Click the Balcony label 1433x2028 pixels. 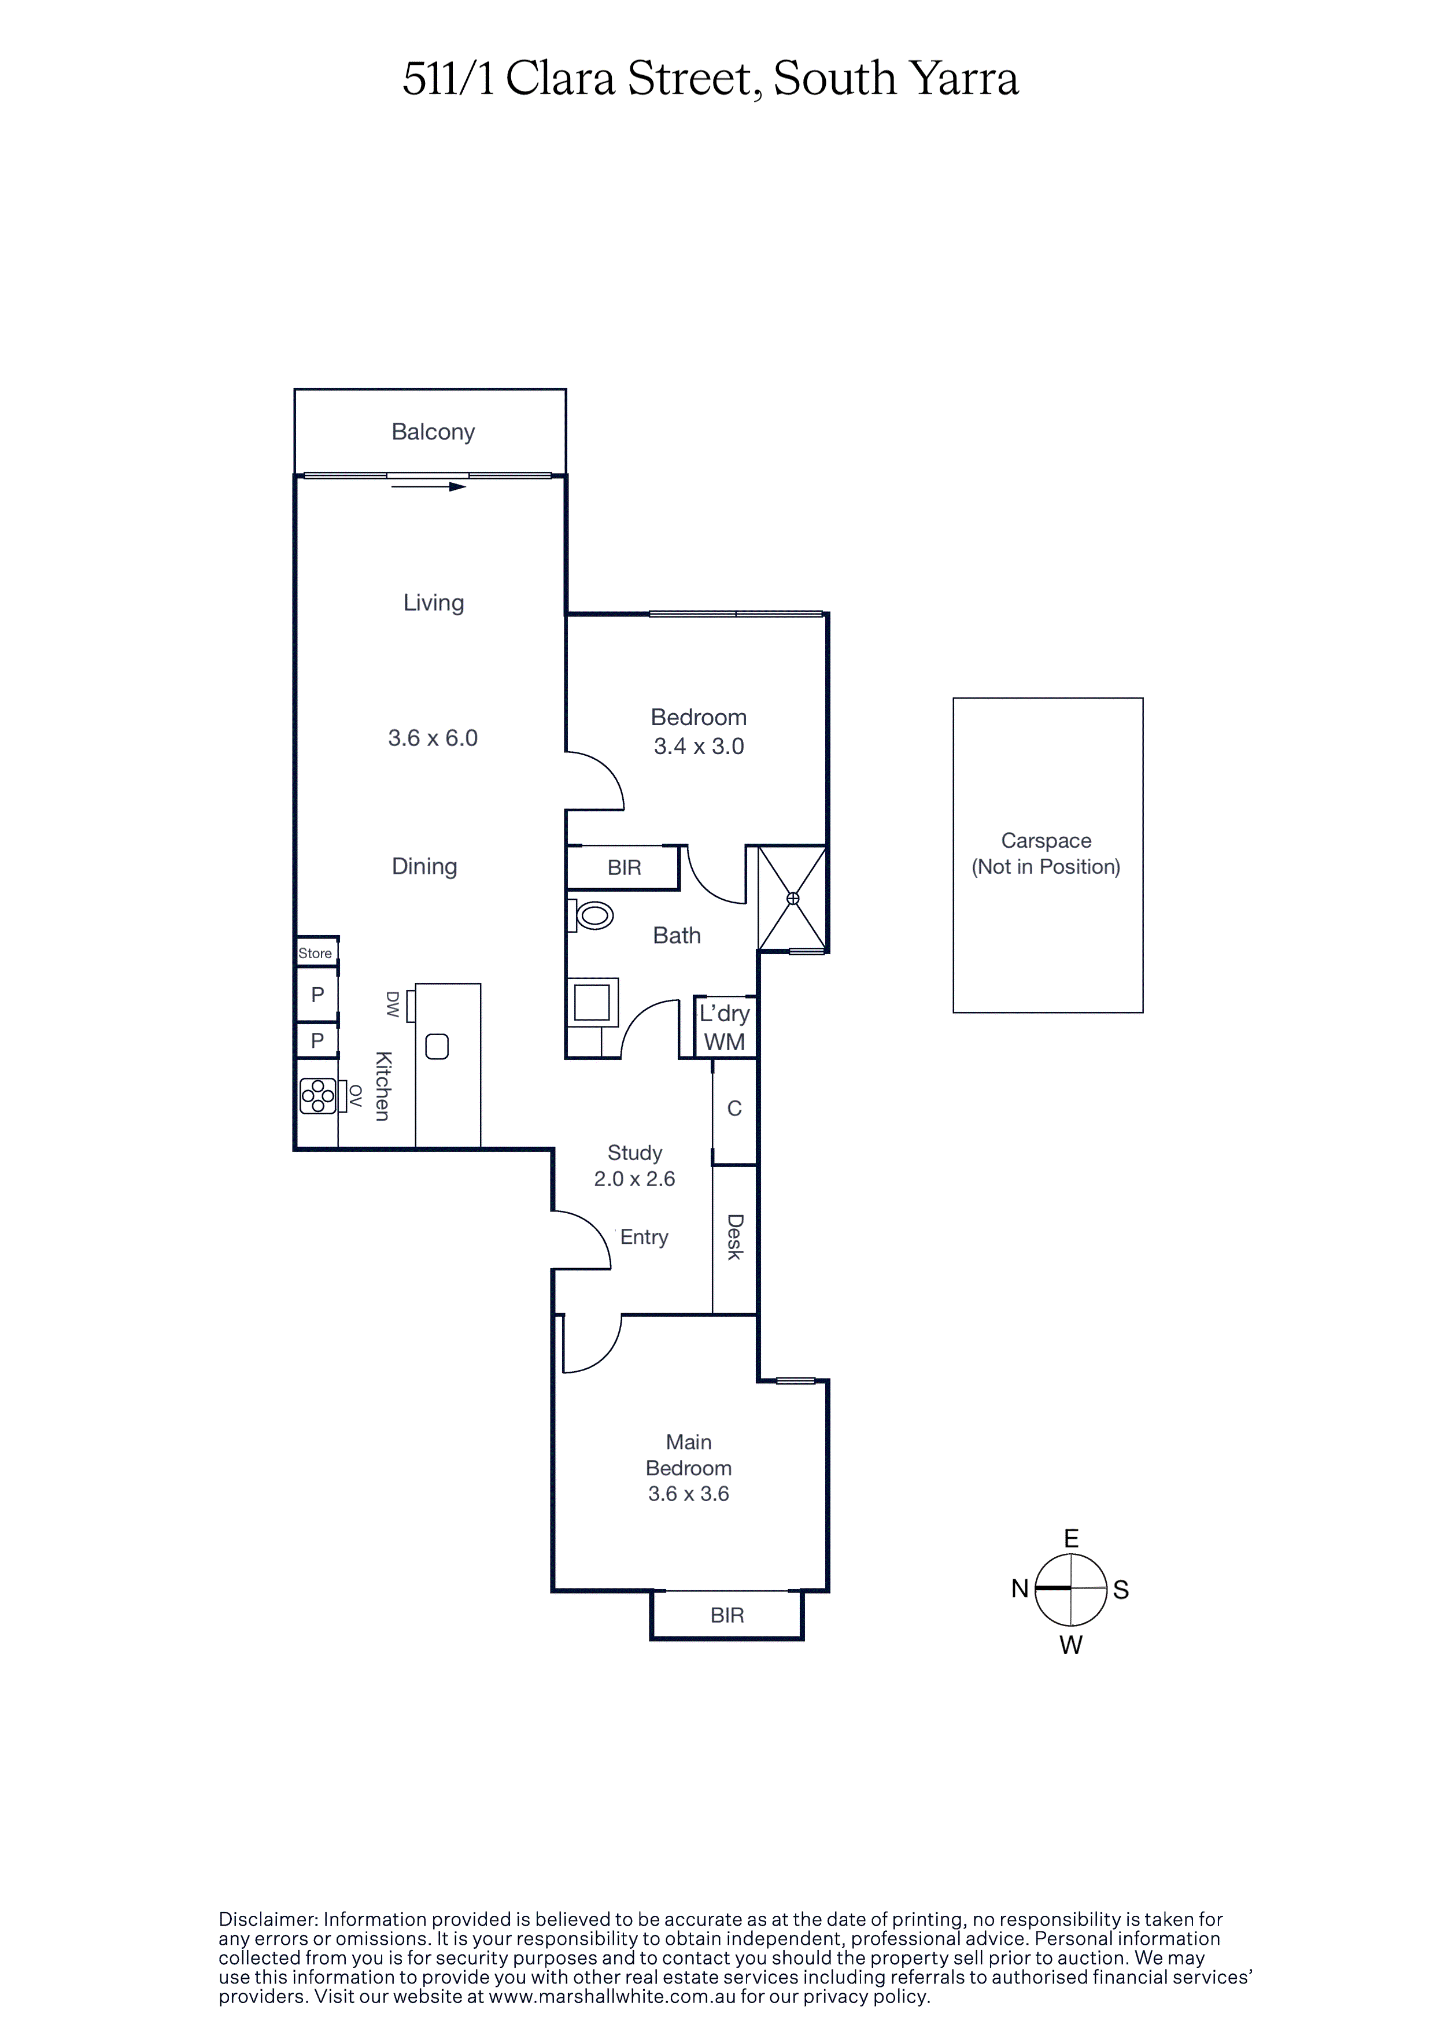(x=433, y=432)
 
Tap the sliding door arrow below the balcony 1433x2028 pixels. (x=429, y=487)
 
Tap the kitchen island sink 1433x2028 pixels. (x=437, y=1047)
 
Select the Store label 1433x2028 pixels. (x=315, y=953)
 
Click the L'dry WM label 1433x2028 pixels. (x=725, y=1027)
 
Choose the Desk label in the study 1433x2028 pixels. (x=734, y=1236)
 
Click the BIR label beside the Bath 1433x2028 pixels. (x=624, y=867)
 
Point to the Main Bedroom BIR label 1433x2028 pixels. (x=727, y=1616)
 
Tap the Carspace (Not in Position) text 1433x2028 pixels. (x=1046, y=854)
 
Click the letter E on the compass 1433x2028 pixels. (x=1071, y=1539)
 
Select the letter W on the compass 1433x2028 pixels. (x=1071, y=1645)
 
